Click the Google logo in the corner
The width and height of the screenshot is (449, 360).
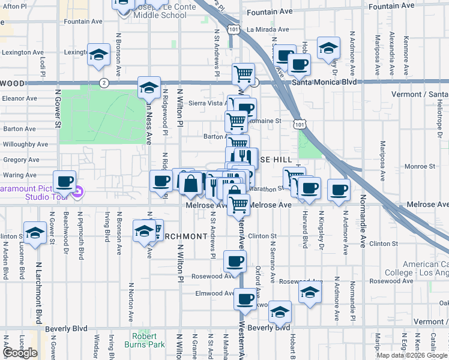pos(20,353)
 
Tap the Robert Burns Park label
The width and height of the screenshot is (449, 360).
pos(144,340)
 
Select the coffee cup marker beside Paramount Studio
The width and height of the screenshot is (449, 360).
pos(64,181)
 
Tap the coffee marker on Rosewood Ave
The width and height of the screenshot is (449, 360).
pos(234,261)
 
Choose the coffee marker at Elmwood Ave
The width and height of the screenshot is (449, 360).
pos(244,299)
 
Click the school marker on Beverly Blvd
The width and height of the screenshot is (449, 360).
pos(280,311)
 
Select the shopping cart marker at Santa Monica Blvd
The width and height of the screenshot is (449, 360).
pos(243,74)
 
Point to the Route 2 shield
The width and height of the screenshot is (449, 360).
pos(104,83)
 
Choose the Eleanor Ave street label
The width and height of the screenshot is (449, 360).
pos(20,98)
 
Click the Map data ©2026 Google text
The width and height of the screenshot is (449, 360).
pos(411,355)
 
